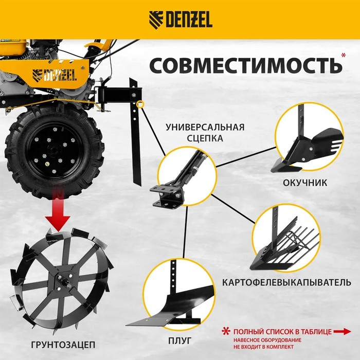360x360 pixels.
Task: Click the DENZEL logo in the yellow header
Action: point(180,20)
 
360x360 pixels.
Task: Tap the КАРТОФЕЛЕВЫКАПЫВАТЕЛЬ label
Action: point(287,282)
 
